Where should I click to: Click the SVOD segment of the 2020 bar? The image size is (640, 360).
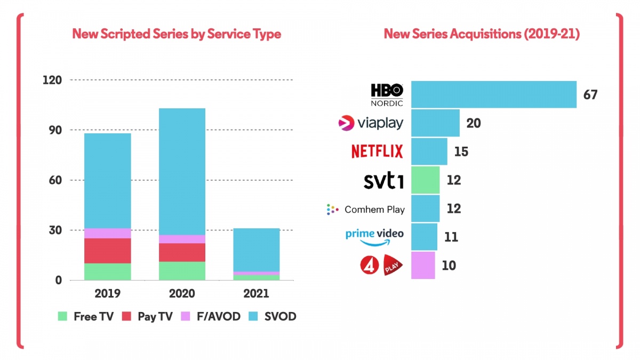182,171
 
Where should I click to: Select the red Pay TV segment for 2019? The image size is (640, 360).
107,251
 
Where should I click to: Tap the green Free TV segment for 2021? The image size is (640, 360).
257,277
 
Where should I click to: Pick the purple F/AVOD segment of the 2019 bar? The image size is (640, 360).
107,233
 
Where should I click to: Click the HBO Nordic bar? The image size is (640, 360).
493,94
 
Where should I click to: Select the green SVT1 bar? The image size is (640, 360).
425,180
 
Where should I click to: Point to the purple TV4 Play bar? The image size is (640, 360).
423,265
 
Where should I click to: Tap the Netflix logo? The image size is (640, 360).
377,151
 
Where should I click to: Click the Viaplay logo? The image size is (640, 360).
371,123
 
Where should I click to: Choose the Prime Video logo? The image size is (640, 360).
374,236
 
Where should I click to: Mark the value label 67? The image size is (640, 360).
590,95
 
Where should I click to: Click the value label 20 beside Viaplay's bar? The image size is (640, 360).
473,123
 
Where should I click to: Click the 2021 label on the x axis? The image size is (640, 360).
257,294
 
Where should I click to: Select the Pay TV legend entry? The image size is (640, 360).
148,316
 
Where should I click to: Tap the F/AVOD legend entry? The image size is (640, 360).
211,316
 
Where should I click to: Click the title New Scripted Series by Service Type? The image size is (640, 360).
177,34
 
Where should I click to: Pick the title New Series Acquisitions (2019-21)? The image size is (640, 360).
482,34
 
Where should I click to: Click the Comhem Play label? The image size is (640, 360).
374,209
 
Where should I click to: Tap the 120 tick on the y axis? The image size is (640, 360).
52,80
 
